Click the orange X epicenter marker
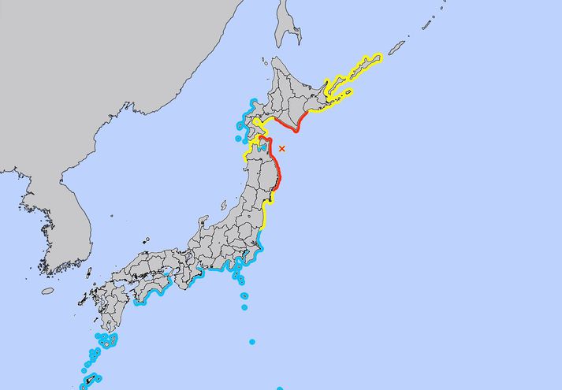pyautogui.click(x=282, y=148)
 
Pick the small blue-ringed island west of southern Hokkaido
pyautogui.click(x=239, y=139)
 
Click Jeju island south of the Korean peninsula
pyautogui.click(x=48, y=291)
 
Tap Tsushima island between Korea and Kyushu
pyautogui.click(x=88, y=273)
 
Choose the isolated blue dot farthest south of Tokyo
pyautogui.click(x=252, y=342)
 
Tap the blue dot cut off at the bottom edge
pyautogui.click(x=280, y=388)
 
